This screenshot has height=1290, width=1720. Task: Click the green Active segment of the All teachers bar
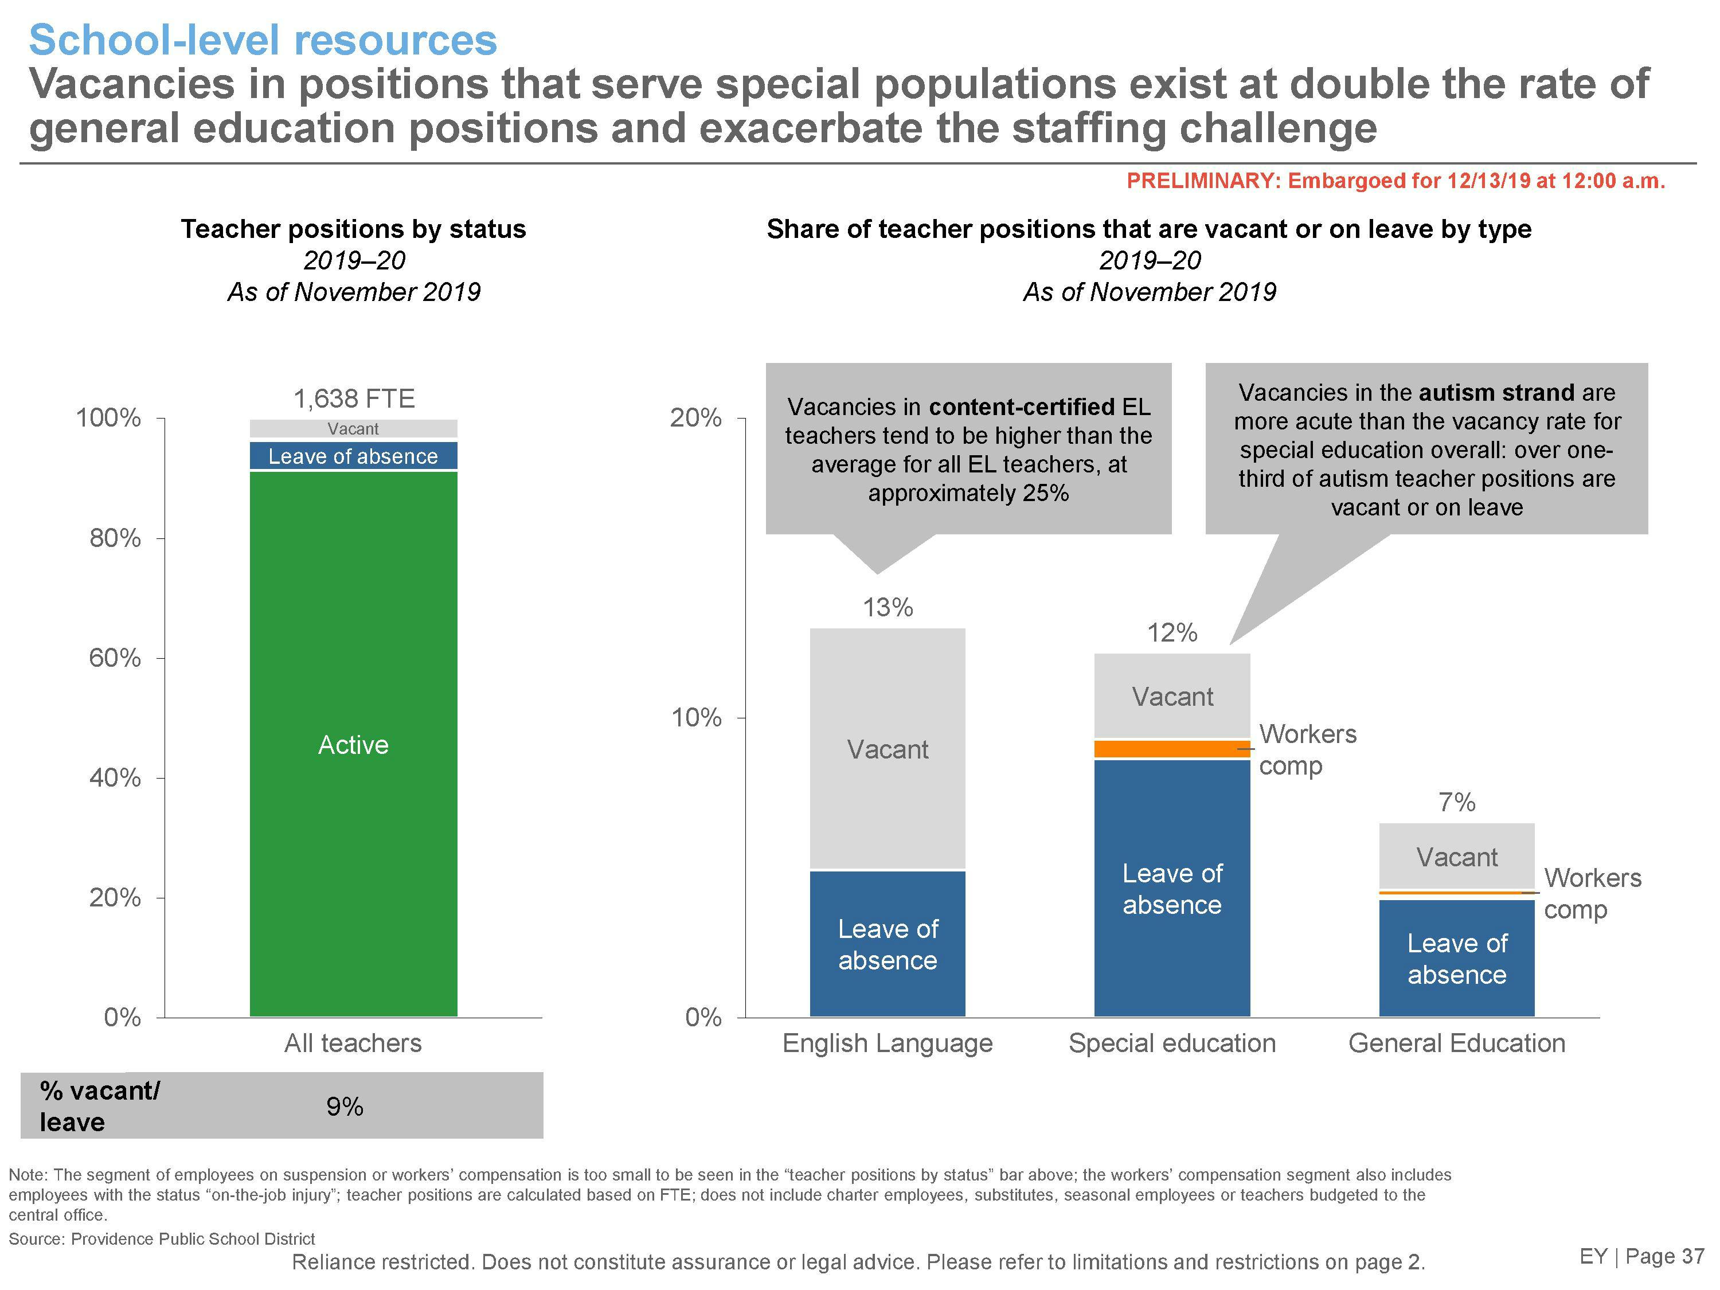click(353, 744)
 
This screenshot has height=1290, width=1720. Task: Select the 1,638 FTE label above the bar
click(354, 399)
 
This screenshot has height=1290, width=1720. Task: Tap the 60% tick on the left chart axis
click(115, 659)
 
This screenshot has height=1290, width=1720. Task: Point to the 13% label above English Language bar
click(887, 607)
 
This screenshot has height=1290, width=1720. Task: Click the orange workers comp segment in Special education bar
click(1172, 749)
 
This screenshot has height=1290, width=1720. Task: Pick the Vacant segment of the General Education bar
click(1456, 856)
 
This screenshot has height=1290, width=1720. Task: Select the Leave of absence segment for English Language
click(887, 944)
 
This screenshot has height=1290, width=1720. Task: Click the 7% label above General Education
click(1456, 802)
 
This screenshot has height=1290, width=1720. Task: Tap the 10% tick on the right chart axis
click(697, 718)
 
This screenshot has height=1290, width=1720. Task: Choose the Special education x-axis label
click(1172, 1043)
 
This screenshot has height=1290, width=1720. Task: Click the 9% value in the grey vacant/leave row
click(345, 1107)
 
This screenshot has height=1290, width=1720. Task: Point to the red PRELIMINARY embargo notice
click(1395, 181)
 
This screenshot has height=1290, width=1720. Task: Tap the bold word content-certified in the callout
click(1022, 406)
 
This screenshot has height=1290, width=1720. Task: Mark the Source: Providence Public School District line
click(162, 1238)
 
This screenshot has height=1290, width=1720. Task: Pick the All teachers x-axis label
click(353, 1043)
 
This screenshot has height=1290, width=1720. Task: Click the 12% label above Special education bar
click(1172, 633)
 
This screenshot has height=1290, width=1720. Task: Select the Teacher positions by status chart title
click(354, 229)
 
